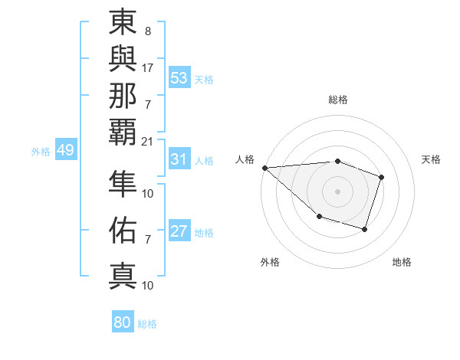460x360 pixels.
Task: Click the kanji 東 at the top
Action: point(123,24)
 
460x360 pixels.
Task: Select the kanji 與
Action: point(123,60)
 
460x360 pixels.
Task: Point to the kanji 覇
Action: point(123,133)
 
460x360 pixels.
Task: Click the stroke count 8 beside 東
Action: point(147,32)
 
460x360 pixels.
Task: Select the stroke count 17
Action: point(147,67)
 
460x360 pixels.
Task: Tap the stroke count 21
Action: point(147,141)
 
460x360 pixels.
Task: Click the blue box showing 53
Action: point(179,77)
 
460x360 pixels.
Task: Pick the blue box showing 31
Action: point(179,159)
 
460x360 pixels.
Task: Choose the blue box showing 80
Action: point(123,322)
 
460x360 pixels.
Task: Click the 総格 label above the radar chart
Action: point(337,100)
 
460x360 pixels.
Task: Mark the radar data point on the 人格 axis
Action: point(264,167)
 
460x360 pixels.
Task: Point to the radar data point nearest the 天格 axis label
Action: point(381,178)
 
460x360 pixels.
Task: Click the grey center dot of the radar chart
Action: point(337,191)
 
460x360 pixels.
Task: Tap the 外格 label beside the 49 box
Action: point(41,152)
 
